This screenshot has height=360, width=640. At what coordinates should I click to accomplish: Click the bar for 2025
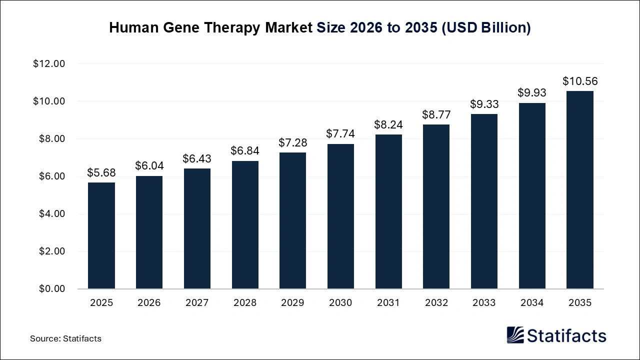(101, 235)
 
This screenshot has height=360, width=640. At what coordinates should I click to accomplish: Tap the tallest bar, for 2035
(580, 190)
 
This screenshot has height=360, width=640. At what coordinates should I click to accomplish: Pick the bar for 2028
(245, 225)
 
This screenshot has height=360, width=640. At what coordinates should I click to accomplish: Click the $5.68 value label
(101, 173)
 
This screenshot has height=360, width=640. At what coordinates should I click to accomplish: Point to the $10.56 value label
(580, 81)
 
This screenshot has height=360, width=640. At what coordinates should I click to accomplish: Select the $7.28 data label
(293, 143)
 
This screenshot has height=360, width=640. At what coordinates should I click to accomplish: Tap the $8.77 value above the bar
(436, 115)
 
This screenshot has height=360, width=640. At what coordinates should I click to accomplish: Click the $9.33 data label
(484, 104)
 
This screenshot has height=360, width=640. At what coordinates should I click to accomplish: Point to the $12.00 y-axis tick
(49, 64)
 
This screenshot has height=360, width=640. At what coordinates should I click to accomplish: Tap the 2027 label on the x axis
(197, 303)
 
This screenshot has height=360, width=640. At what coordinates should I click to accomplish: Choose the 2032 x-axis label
(436, 303)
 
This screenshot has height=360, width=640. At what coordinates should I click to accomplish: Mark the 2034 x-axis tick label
(532, 303)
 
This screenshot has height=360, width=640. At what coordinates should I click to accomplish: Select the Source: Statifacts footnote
(65, 338)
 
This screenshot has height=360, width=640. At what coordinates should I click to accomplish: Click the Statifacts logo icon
(515, 335)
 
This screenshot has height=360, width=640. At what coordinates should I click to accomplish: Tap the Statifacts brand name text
(566, 335)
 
